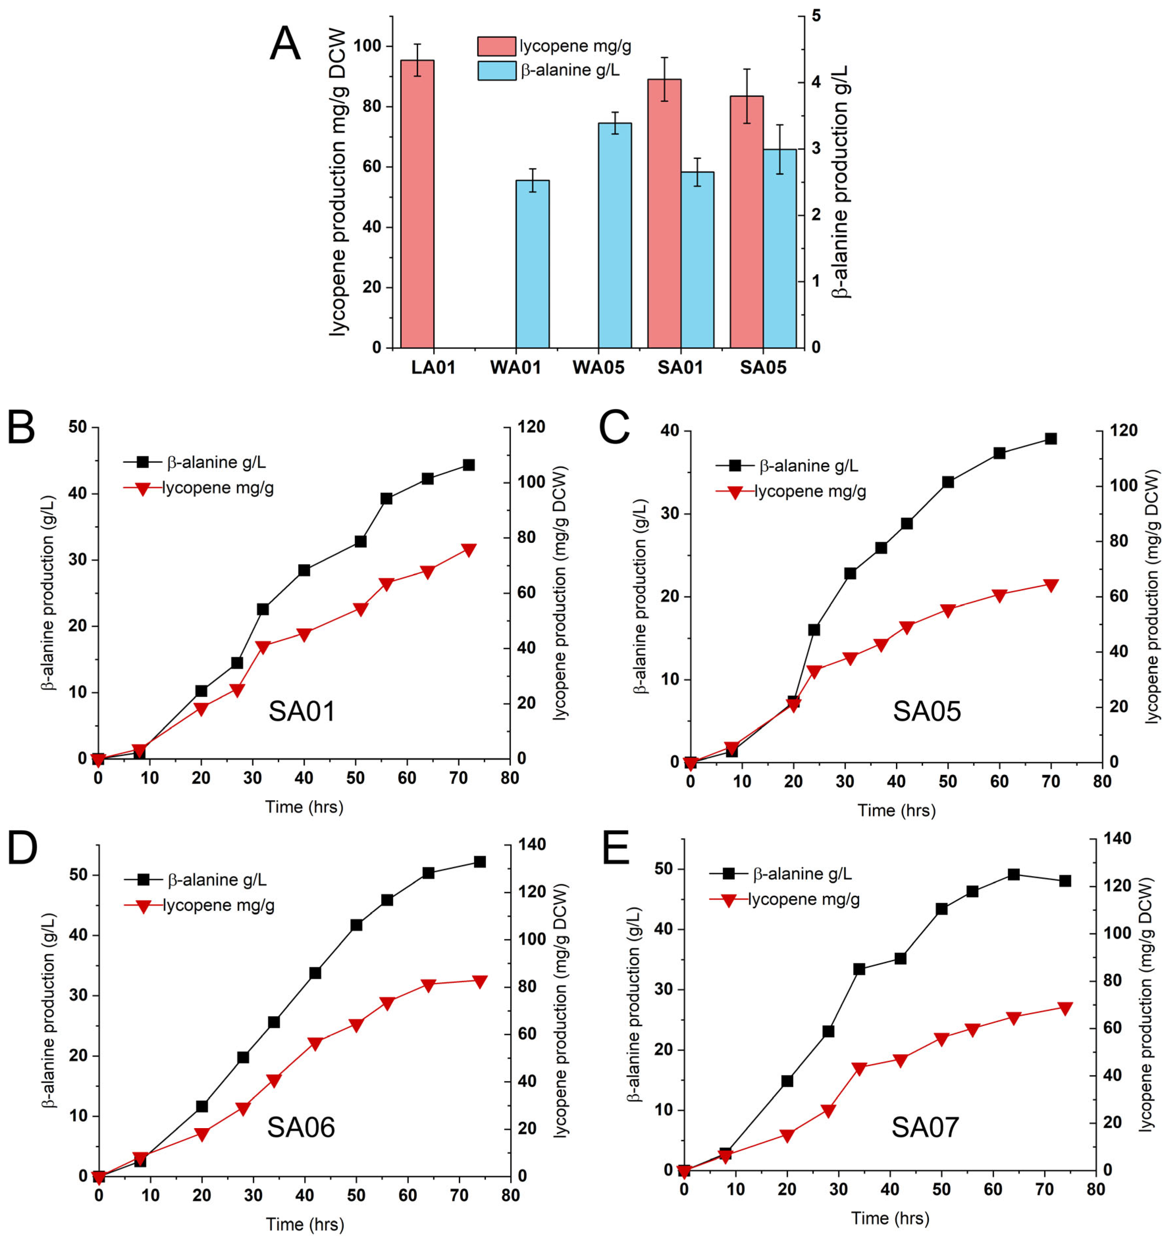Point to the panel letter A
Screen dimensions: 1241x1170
tap(285, 44)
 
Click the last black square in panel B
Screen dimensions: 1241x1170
tap(469, 465)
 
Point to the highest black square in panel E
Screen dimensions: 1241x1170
tap(1013, 875)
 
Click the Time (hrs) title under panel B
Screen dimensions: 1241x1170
tap(304, 807)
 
